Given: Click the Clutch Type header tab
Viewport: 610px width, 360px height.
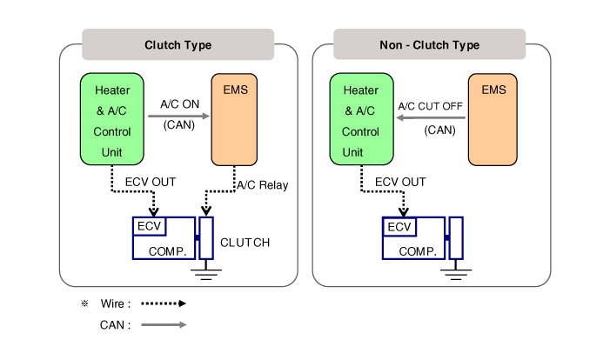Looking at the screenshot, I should (x=178, y=44).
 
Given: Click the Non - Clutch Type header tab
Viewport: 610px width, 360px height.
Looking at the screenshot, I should (x=430, y=44).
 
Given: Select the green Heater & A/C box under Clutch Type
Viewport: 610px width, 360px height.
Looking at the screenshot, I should (x=111, y=119).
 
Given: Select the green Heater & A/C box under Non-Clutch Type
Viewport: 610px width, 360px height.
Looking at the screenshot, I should (x=360, y=119).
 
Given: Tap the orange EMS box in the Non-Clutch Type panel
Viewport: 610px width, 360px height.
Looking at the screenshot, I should (x=493, y=119).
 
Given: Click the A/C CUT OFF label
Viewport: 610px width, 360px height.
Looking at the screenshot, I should (x=430, y=107).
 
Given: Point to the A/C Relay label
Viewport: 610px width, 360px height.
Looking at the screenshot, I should (x=262, y=185).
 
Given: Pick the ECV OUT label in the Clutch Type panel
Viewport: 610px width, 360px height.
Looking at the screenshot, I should (x=148, y=182).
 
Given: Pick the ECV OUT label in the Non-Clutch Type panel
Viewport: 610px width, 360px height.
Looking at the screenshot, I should (x=400, y=182).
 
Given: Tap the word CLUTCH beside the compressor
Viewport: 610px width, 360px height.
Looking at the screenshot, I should (x=245, y=243).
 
